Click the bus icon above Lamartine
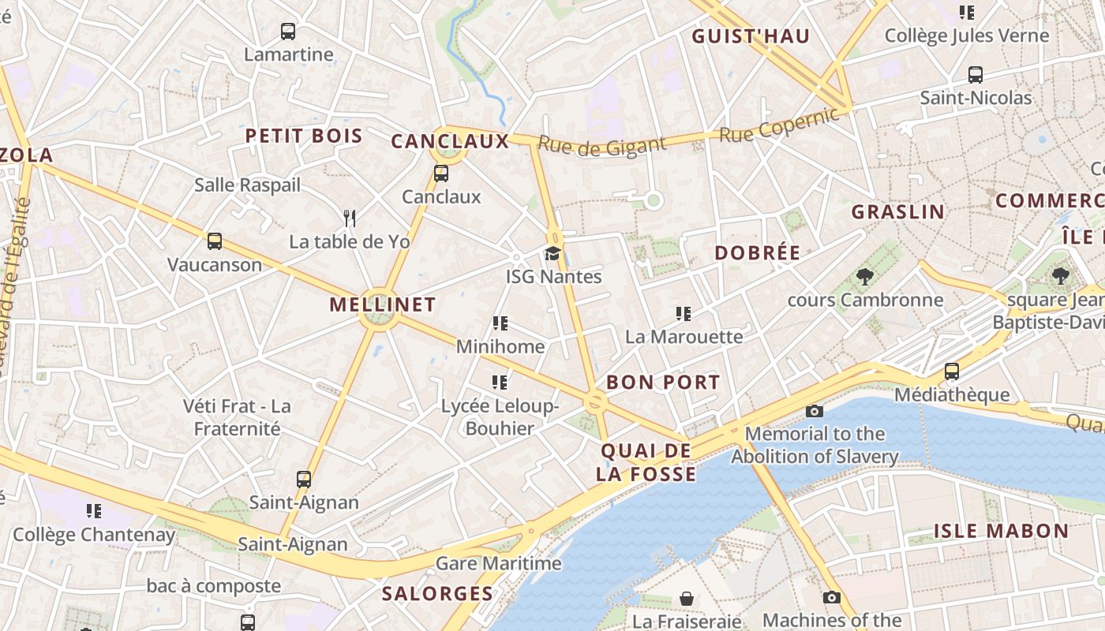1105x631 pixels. (x=288, y=32)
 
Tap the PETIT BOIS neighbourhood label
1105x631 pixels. (x=304, y=136)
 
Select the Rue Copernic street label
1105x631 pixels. (x=778, y=125)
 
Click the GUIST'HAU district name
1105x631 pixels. (x=751, y=36)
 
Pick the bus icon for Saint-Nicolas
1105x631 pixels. (x=976, y=75)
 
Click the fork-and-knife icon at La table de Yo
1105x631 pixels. (x=350, y=218)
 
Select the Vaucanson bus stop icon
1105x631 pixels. (x=214, y=241)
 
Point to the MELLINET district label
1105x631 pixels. (x=382, y=304)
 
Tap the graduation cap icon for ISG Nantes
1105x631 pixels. (x=552, y=253)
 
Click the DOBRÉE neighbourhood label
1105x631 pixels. (x=757, y=253)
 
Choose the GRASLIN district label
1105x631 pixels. (x=897, y=212)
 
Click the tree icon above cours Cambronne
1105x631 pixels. (x=865, y=277)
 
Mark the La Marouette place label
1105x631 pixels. (x=684, y=337)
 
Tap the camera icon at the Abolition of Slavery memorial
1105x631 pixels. (x=815, y=411)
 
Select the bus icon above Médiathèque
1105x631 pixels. (x=952, y=371)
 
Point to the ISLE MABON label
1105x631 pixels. (x=1001, y=531)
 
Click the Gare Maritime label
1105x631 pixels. (x=499, y=563)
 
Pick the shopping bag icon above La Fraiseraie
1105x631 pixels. (x=687, y=599)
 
